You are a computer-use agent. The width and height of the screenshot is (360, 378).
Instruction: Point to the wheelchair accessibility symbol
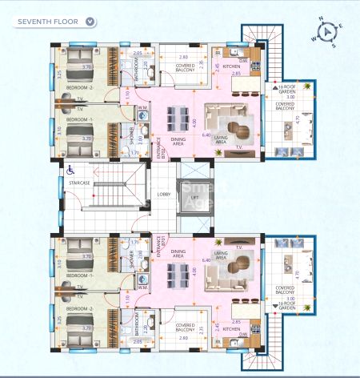coord(70,169)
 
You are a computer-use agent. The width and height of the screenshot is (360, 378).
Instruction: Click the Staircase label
coord(78,183)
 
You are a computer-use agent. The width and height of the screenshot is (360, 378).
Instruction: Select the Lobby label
coord(164,194)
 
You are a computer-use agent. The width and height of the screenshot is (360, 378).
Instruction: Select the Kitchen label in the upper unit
coord(232,66)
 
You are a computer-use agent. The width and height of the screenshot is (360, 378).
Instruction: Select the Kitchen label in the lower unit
coord(232,328)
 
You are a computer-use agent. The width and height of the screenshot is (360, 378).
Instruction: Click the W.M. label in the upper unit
coord(141,108)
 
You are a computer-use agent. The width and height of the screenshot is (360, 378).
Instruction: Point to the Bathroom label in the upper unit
coord(135,70)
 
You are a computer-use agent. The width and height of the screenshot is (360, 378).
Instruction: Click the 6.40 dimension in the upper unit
coord(206,135)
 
